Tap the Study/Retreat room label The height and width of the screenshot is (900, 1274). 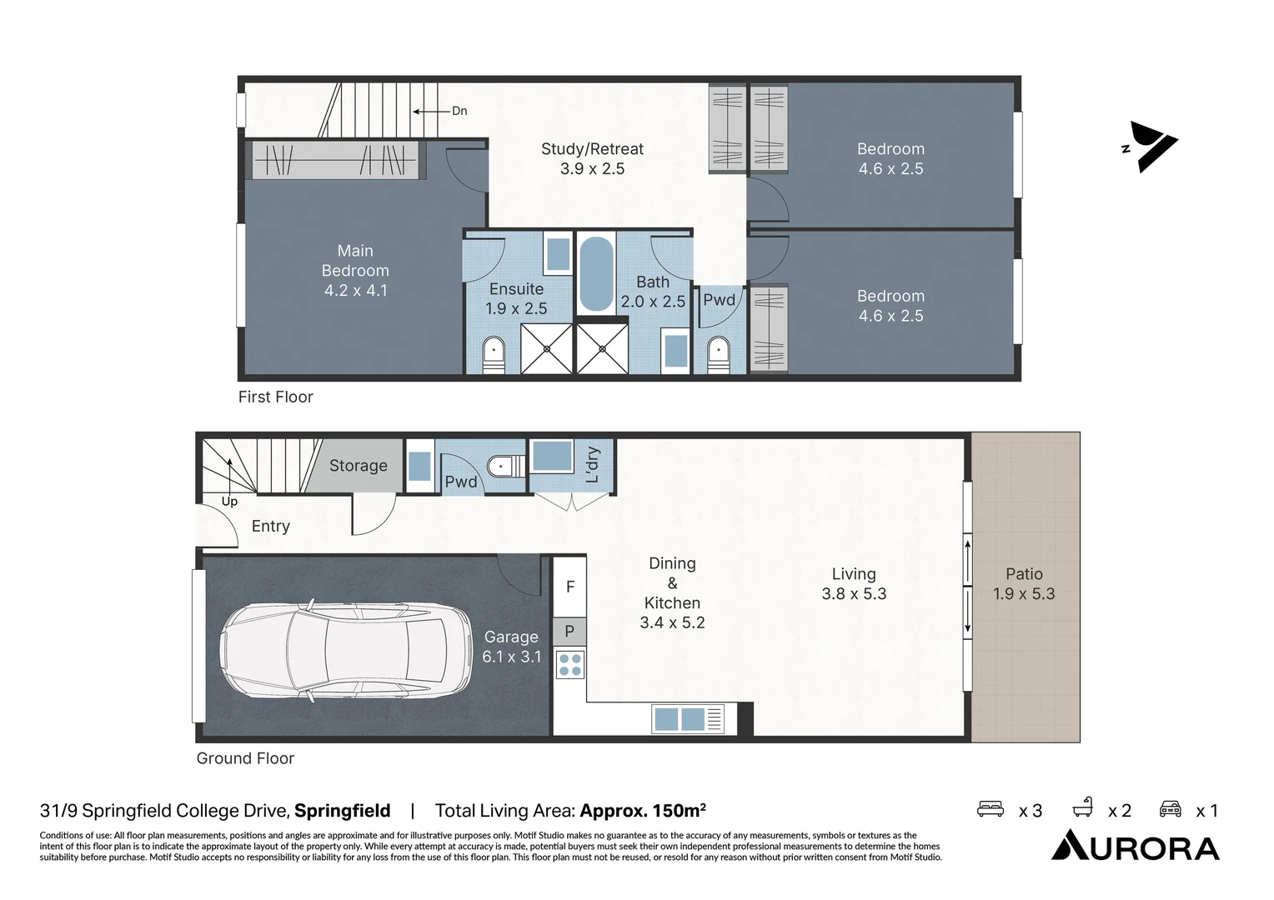pos(592,149)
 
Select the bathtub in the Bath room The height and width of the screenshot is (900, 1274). pos(595,274)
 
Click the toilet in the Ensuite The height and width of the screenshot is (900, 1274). pos(494,354)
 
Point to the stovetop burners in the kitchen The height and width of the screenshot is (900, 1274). pos(570,664)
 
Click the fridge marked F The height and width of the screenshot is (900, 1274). pos(570,587)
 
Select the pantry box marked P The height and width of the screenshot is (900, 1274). pos(569,631)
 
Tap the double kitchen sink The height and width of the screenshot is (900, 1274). pos(680,718)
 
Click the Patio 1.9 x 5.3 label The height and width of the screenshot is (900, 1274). pos(1024,583)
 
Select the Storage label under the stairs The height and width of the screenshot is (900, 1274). pos(359,466)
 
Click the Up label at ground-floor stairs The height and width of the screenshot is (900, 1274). pos(229,501)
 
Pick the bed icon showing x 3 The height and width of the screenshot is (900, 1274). pos(991,809)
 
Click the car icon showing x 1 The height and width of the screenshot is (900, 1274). pos(1171,809)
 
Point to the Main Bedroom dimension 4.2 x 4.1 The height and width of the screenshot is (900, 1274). pos(356,291)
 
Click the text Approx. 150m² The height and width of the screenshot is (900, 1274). pos(643,811)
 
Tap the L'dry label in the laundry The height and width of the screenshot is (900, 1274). pos(593,464)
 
